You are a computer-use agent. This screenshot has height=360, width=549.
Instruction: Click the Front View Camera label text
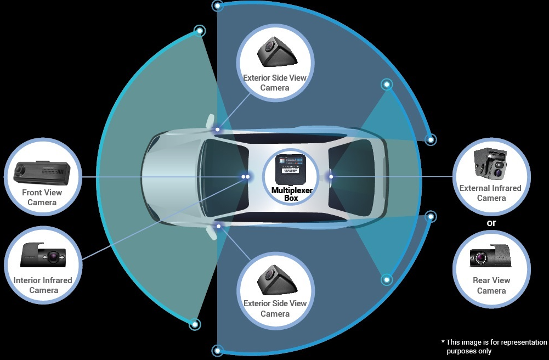[x=42, y=198]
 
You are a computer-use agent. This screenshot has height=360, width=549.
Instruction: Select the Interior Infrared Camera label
[x=43, y=285]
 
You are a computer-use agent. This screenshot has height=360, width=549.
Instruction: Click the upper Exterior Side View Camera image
[x=276, y=53]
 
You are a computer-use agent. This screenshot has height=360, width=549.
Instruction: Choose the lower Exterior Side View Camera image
[x=276, y=279]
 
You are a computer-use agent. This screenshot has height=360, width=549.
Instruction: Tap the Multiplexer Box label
[x=291, y=194]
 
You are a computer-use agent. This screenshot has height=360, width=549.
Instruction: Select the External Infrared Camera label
[x=490, y=193]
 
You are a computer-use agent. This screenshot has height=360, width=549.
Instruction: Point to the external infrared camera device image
[x=490, y=164]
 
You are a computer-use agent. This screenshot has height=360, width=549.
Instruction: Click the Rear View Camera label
[x=491, y=285]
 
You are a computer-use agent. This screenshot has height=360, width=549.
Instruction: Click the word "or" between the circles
[x=491, y=223]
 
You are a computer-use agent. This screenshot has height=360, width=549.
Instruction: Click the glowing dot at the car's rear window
[x=330, y=176]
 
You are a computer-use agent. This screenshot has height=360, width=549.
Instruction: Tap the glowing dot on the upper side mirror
[x=218, y=130]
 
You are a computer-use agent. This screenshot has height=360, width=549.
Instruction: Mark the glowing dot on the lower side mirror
[x=218, y=226]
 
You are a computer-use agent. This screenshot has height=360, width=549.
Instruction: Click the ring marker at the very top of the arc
[x=218, y=6]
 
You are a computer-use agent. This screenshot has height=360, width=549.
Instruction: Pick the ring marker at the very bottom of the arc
[x=218, y=350]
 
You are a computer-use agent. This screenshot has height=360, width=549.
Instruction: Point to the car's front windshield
[x=219, y=177]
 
